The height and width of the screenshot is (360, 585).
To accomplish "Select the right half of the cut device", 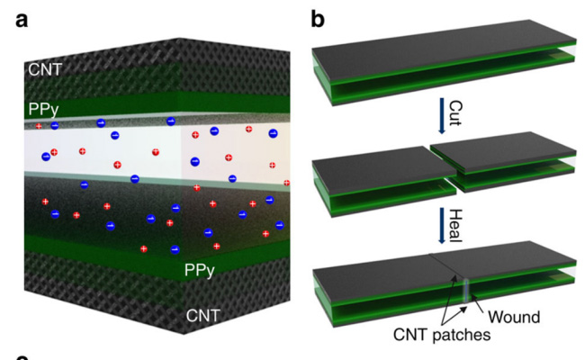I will (x=504, y=162).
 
